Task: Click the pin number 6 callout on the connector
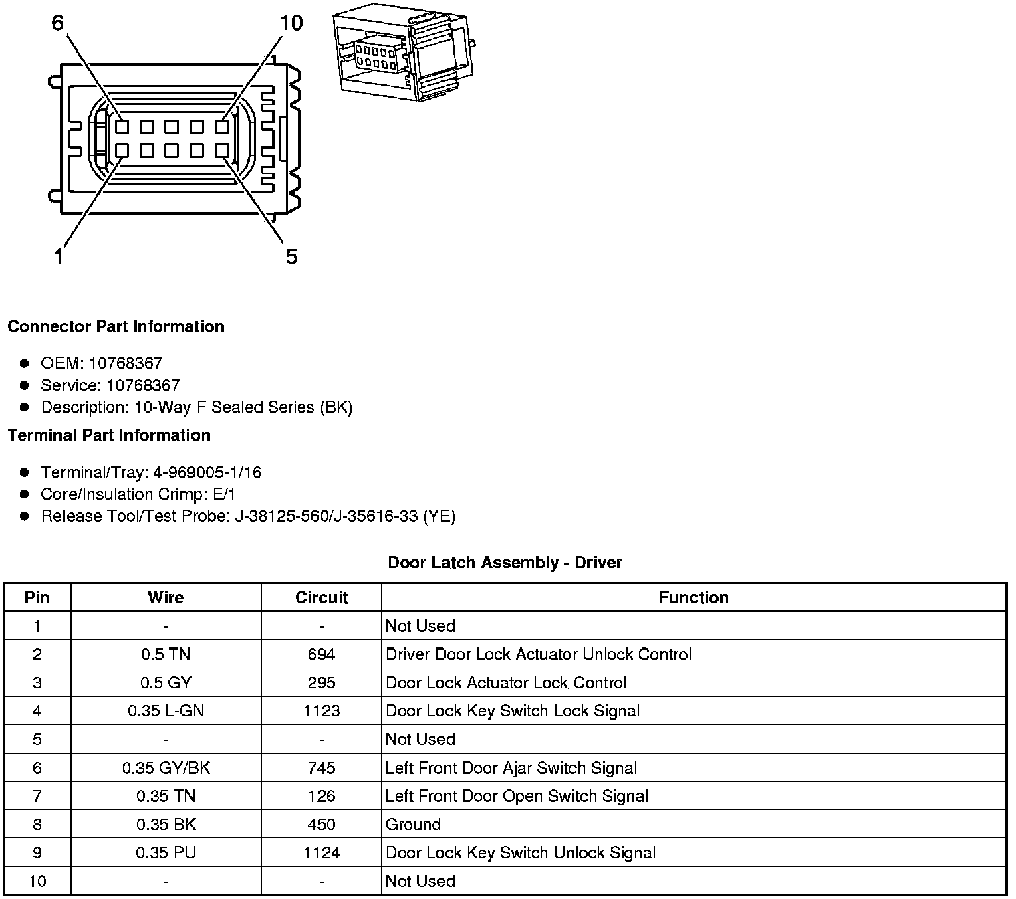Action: point(58,23)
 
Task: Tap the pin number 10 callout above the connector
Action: point(291,23)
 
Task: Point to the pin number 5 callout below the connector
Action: point(291,256)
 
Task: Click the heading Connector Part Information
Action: point(116,326)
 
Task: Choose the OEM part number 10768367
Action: point(126,363)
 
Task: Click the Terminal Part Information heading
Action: point(109,435)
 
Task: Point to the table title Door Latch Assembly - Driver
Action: point(505,563)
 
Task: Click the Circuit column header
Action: point(322,597)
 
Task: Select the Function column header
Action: point(693,597)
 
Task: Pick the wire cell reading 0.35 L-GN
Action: point(166,711)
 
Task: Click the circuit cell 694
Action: point(322,654)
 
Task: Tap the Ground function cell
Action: point(413,824)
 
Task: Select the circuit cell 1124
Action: point(322,853)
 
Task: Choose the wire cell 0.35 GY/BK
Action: point(166,768)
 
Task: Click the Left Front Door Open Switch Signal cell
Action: point(517,796)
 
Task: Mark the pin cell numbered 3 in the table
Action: point(37,683)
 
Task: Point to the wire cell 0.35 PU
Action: point(166,853)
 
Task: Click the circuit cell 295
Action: point(322,683)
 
